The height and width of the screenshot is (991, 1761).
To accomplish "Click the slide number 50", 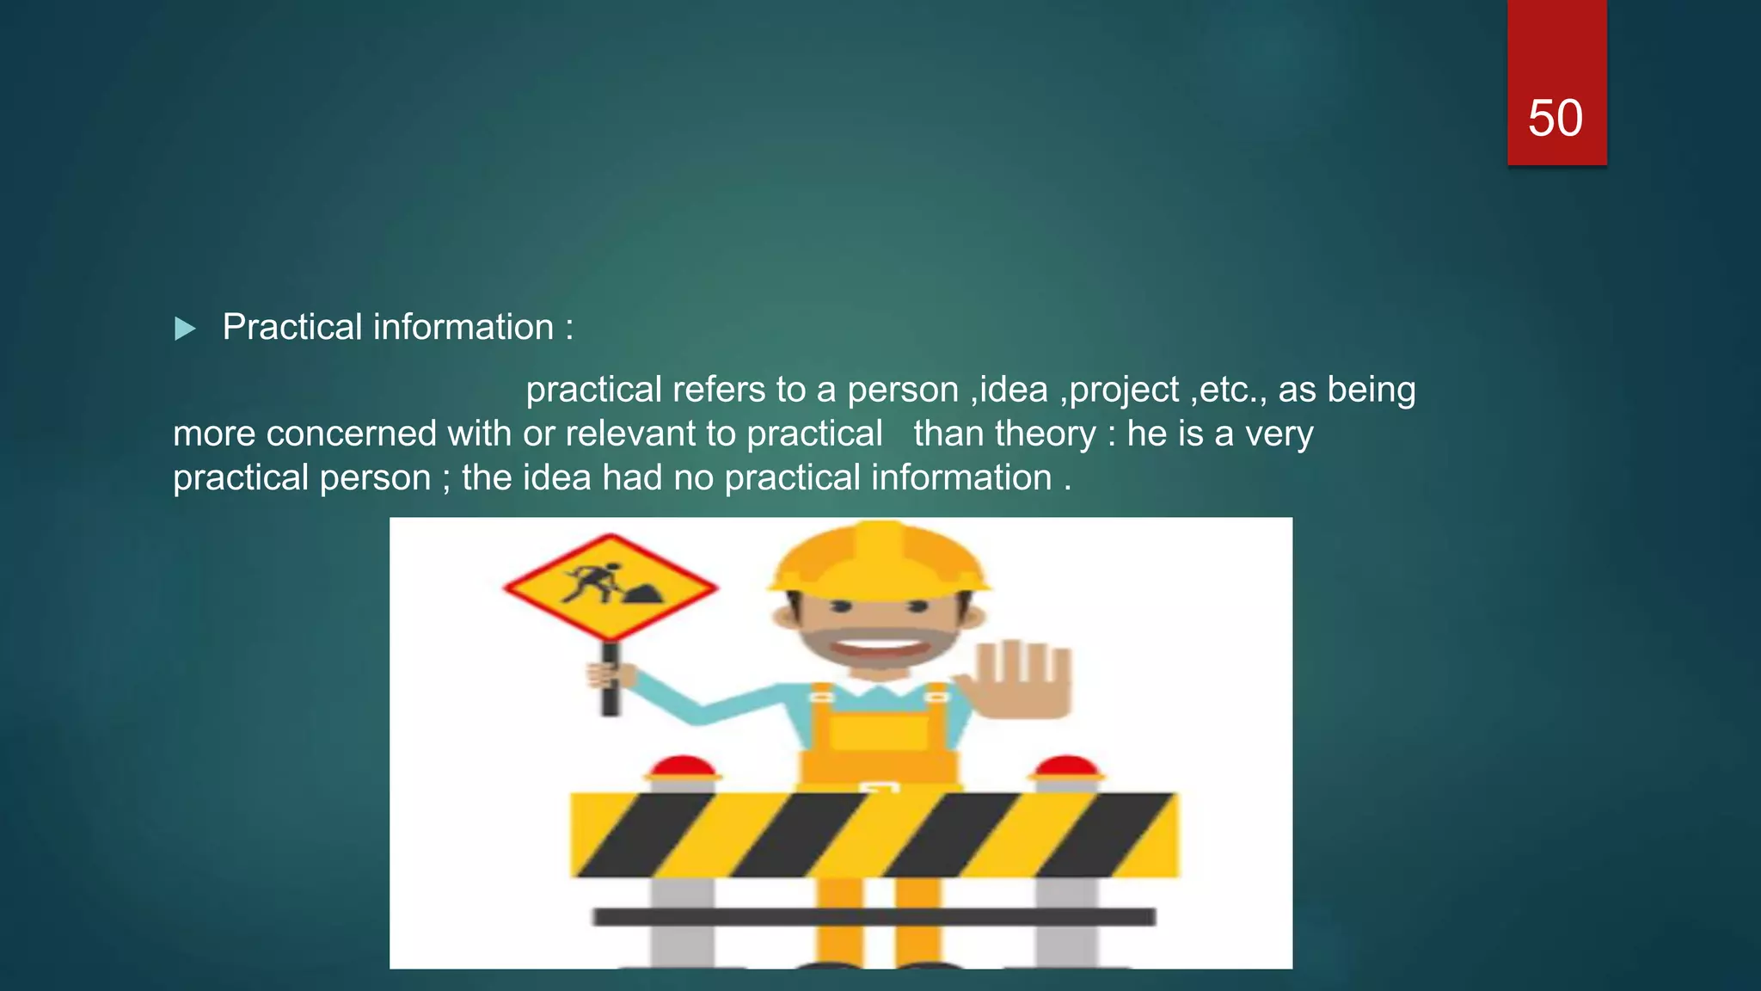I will click(1555, 118).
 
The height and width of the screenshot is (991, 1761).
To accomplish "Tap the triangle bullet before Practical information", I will click(185, 329).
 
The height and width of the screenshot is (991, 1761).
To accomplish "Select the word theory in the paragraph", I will click(1047, 434).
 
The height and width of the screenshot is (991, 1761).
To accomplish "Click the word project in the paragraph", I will click(1124, 390).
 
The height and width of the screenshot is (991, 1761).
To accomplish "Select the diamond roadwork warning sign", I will click(611, 588).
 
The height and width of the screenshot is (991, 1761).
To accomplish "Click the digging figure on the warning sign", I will click(592, 583).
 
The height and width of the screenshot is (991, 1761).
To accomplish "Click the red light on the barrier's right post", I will click(1066, 767).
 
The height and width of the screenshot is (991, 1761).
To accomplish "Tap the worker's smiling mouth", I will click(878, 646).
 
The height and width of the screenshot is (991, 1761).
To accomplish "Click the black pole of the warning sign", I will click(611, 680).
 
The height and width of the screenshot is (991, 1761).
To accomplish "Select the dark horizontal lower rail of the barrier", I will click(874, 917).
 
